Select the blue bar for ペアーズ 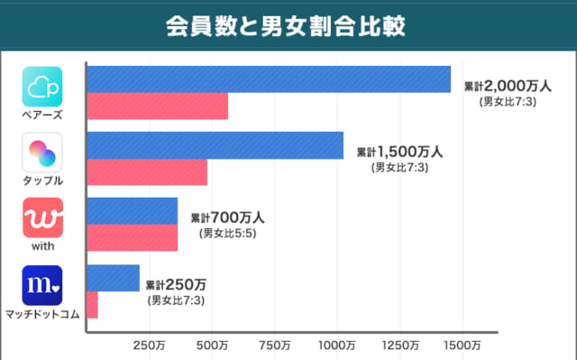click(268, 79)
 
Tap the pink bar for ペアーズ click(157, 106)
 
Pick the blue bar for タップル click(215, 145)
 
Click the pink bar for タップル click(146, 171)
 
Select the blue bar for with click(132, 210)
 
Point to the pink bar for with click(132, 237)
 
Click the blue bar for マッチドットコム click(113, 278)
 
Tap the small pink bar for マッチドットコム click(92, 305)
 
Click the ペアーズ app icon click(42, 87)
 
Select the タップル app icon click(42, 152)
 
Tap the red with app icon click(42, 217)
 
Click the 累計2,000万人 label click(508, 87)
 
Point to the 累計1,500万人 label click(399, 152)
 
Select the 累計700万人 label click(227, 218)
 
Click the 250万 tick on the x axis click(149, 345)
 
